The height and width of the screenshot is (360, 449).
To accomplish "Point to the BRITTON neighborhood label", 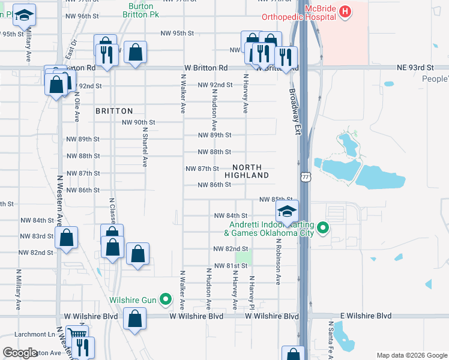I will [114, 111].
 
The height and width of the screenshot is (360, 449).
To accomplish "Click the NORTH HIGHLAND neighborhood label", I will [247, 171].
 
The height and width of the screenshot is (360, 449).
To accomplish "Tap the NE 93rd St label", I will [415, 68].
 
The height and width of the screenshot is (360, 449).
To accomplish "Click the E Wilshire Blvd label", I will [366, 316].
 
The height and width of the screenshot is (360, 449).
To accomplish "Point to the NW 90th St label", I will [139, 122].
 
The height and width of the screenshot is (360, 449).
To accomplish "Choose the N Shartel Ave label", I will [145, 146].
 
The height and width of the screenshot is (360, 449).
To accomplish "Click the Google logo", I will [20, 353].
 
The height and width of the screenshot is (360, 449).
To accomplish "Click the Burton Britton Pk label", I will [142, 10].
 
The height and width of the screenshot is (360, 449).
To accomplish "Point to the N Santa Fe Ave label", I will [330, 339].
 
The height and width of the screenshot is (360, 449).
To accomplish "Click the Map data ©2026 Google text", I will [411, 355].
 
